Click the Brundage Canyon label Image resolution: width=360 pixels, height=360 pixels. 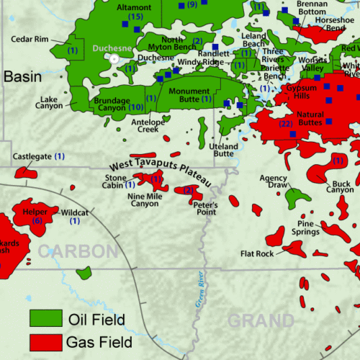[x=110, y=103]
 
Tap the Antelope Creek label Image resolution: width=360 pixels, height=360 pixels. [x=147, y=125]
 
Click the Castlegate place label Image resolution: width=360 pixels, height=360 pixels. [x=32, y=156]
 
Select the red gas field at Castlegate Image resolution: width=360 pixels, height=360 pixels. [x=26, y=172]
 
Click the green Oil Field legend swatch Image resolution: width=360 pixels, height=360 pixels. [x=44, y=318]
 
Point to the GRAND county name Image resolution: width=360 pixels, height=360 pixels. [x=261, y=320]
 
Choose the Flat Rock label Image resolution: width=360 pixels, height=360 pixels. [x=257, y=253]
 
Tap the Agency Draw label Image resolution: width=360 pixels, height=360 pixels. [x=274, y=181]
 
